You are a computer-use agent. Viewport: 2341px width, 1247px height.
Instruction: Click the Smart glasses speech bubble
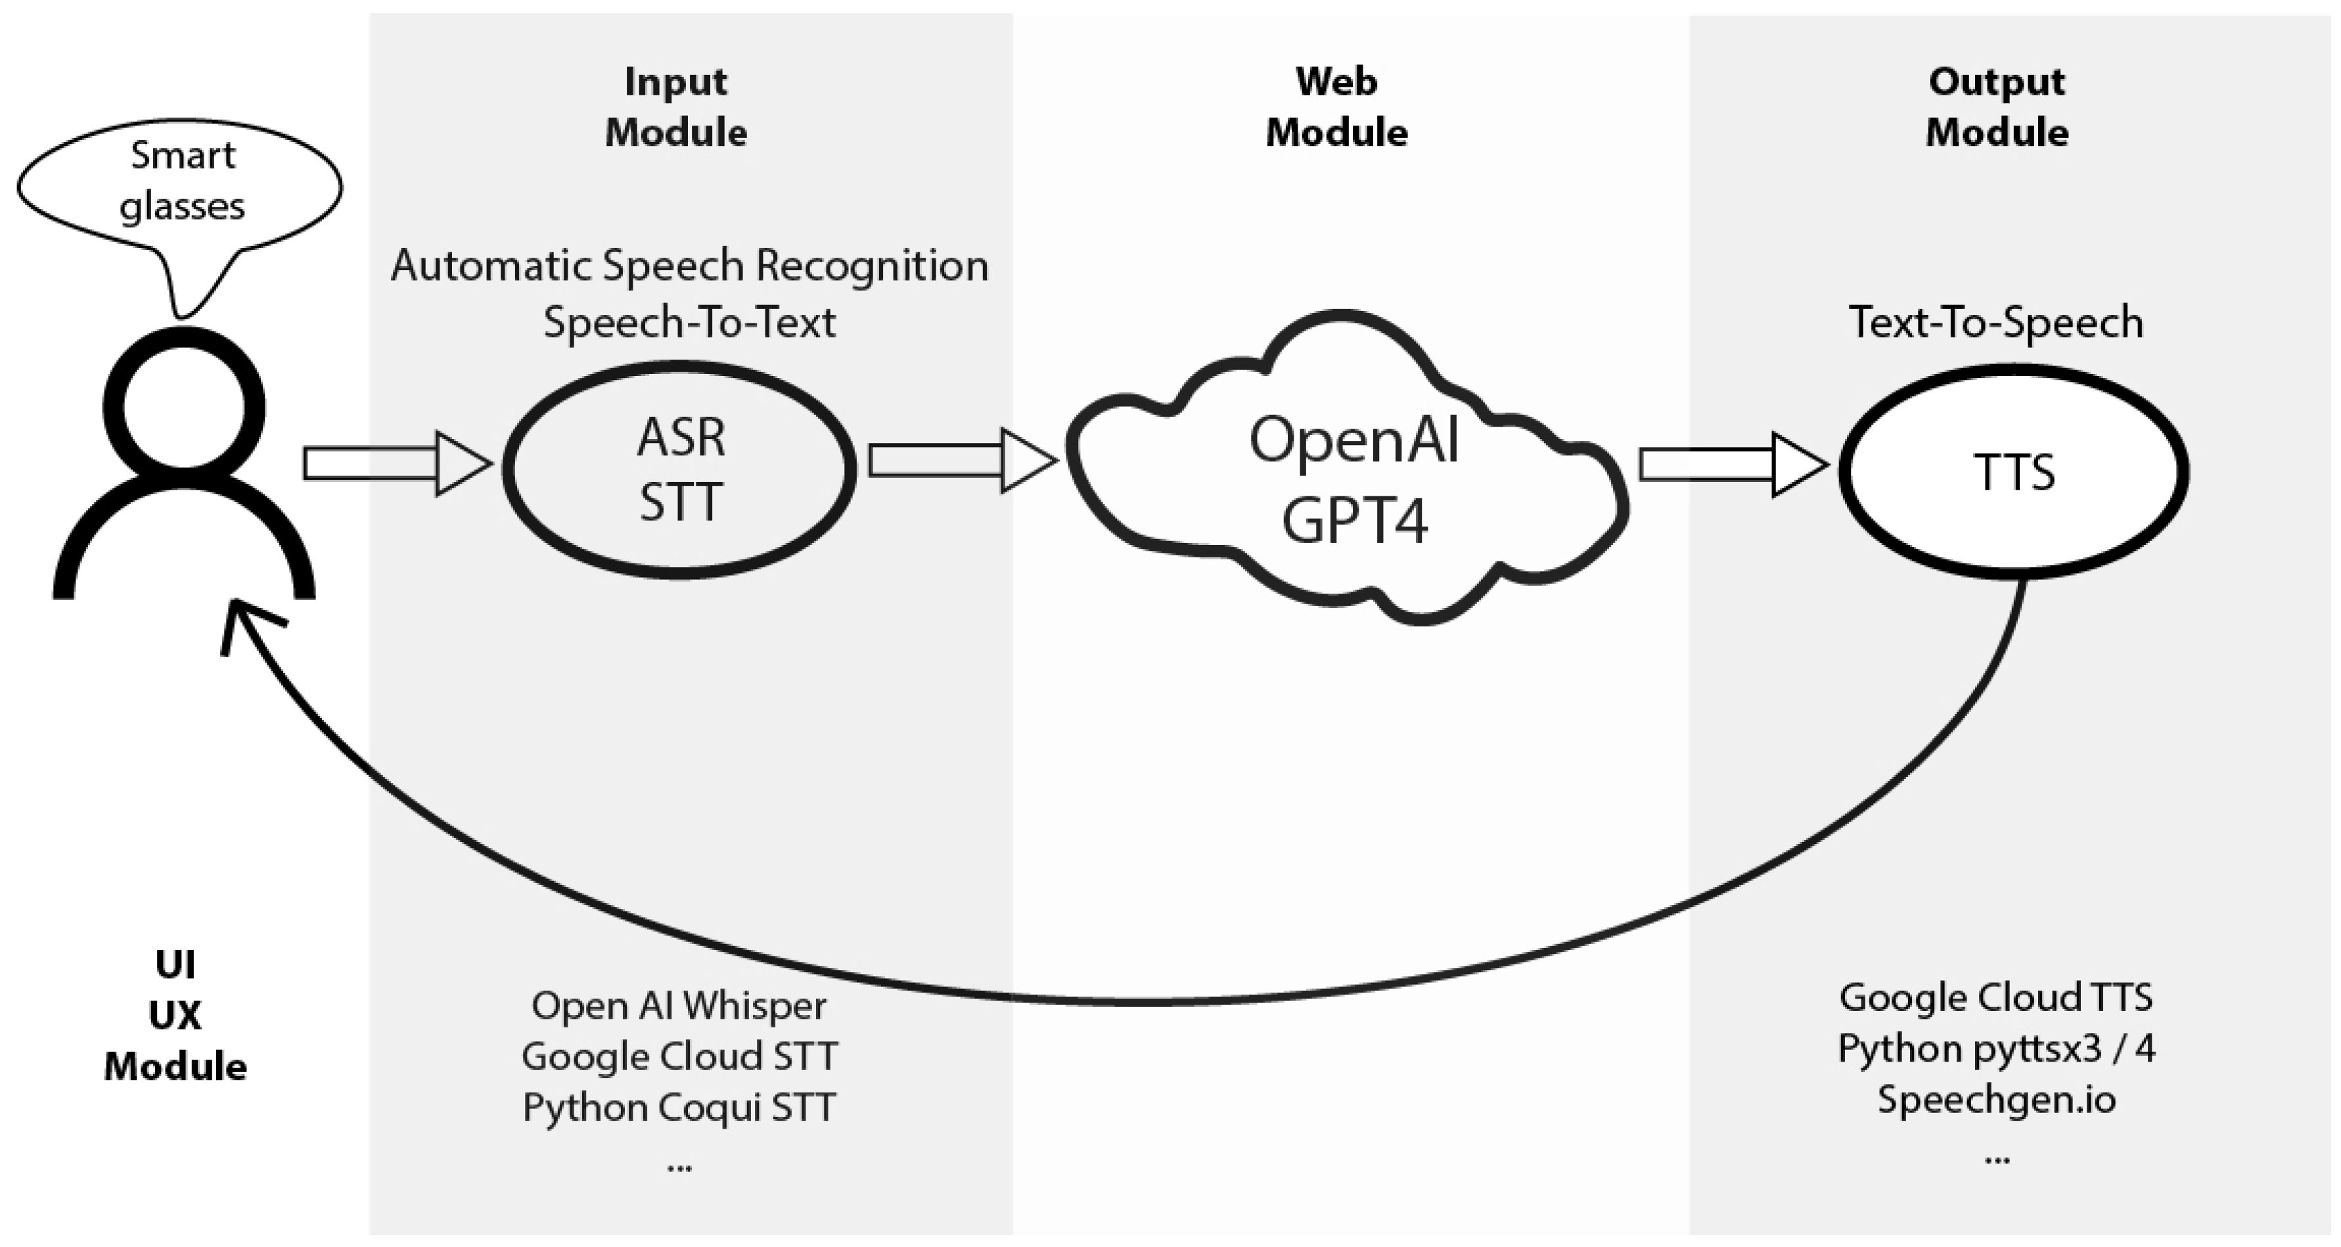[x=180, y=182]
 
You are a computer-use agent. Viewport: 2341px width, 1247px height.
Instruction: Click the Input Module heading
[x=676, y=107]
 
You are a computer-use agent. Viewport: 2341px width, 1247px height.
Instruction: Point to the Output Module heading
[x=1997, y=107]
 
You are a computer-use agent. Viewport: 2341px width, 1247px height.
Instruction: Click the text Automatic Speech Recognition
[x=689, y=266]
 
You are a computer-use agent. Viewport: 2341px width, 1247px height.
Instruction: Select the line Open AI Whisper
[x=679, y=1005]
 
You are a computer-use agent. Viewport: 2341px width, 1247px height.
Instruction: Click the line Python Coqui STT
[x=679, y=1107]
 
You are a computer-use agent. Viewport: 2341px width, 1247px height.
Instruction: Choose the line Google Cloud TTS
[x=1995, y=997]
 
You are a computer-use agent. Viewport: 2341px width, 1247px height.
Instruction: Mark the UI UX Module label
[x=175, y=1015]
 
